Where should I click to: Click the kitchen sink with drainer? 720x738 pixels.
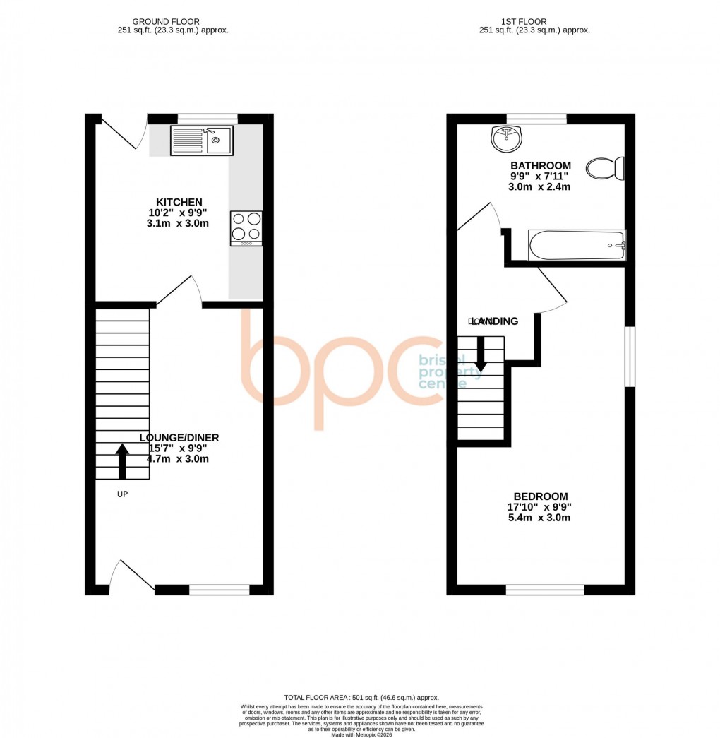coord(201,140)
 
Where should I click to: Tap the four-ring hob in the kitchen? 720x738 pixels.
coord(246,228)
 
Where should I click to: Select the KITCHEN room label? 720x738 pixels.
coord(179,202)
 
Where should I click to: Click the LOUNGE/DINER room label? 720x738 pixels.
coord(179,438)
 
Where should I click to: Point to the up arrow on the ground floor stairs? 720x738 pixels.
coord(122,461)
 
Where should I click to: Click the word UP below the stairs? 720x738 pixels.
coord(122,494)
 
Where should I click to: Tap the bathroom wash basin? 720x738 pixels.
coord(505,138)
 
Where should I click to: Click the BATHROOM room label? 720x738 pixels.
coord(541,166)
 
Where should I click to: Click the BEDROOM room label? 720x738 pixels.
coord(541,496)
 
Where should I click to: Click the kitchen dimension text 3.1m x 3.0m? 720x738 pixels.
coord(179,223)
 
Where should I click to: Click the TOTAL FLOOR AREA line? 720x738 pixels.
coord(360,696)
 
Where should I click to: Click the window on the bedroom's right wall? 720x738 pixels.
coord(630,357)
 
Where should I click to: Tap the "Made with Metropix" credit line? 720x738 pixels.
coord(360,734)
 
